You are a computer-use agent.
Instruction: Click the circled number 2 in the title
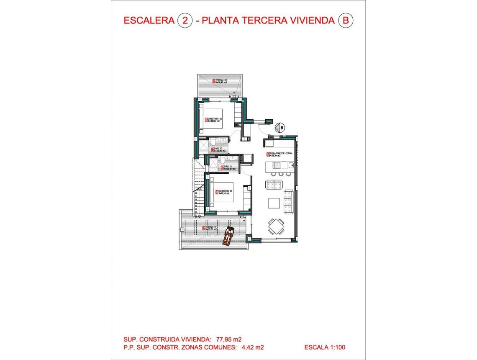pyautogui.click(x=185, y=21)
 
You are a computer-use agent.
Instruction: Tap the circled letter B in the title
pyautogui.click(x=345, y=21)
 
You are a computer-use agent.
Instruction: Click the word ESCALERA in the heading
pyautogui.click(x=149, y=21)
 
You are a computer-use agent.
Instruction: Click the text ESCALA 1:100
pyautogui.click(x=324, y=347)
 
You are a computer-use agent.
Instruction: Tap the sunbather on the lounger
pyautogui.click(x=228, y=236)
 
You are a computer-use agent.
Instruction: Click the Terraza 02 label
pyautogui.click(x=220, y=81)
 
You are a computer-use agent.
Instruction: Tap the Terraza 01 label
pyautogui.click(x=211, y=228)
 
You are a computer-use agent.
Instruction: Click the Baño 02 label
pyautogui.click(x=219, y=149)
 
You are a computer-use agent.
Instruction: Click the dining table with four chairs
pyautogui.click(x=275, y=226)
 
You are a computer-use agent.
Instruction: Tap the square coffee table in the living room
pyautogui.click(x=274, y=203)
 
